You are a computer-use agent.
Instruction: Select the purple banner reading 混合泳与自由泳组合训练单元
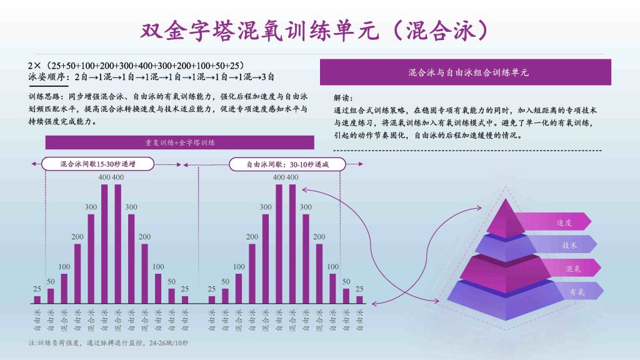(465, 72)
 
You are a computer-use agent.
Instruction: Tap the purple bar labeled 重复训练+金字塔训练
(179, 142)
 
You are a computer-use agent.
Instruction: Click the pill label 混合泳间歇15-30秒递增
(98, 164)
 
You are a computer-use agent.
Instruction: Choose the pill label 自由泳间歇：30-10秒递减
(287, 164)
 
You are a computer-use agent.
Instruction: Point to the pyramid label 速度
(564, 222)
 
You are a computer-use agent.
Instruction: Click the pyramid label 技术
(569, 245)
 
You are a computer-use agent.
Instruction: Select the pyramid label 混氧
(573, 269)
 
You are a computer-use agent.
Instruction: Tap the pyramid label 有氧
(577, 292)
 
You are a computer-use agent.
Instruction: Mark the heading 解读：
(343, 98)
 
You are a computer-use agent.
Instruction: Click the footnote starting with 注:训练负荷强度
(108, 343)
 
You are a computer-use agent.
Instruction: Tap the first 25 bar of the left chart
(37, 299)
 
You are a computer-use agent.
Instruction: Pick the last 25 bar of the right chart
(359, 299)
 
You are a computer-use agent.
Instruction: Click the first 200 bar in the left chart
(77, 274)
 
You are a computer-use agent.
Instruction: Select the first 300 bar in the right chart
(265, 259)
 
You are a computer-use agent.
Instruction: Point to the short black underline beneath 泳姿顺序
(48, 86)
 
